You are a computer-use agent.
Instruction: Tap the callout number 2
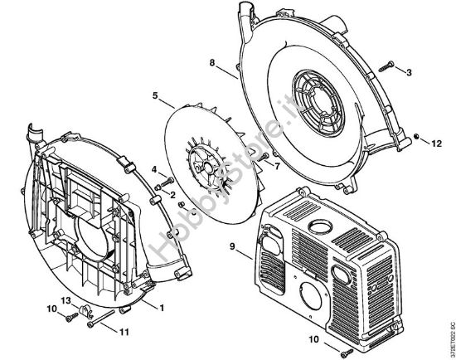click(x=172, y=194)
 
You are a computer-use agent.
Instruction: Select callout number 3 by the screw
click(x=409, y=72)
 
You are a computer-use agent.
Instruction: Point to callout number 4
click(x=154, y=169)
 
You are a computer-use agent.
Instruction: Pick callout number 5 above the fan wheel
click(x=155, y=95)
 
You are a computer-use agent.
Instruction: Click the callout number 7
click(x=277, y=165)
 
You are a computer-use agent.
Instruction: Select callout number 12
click(x=433, y=143)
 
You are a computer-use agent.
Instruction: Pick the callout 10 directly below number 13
click(x=51, y=309)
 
